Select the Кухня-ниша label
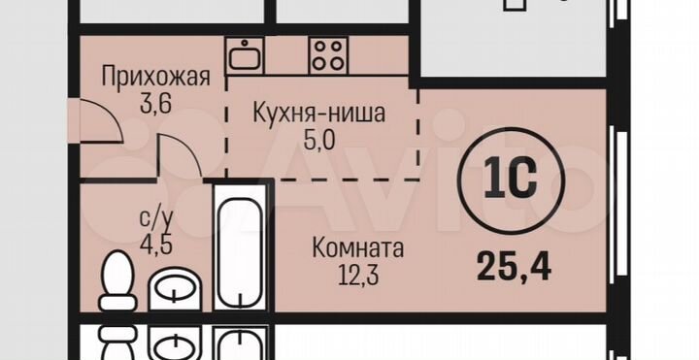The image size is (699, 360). (319, 114)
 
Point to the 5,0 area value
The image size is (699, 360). (319, 139)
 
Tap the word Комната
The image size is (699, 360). (357, 249)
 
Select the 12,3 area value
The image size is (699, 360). (357, 275)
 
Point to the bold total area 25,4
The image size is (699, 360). (514, 264)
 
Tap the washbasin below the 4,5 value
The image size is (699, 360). (175, 289)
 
